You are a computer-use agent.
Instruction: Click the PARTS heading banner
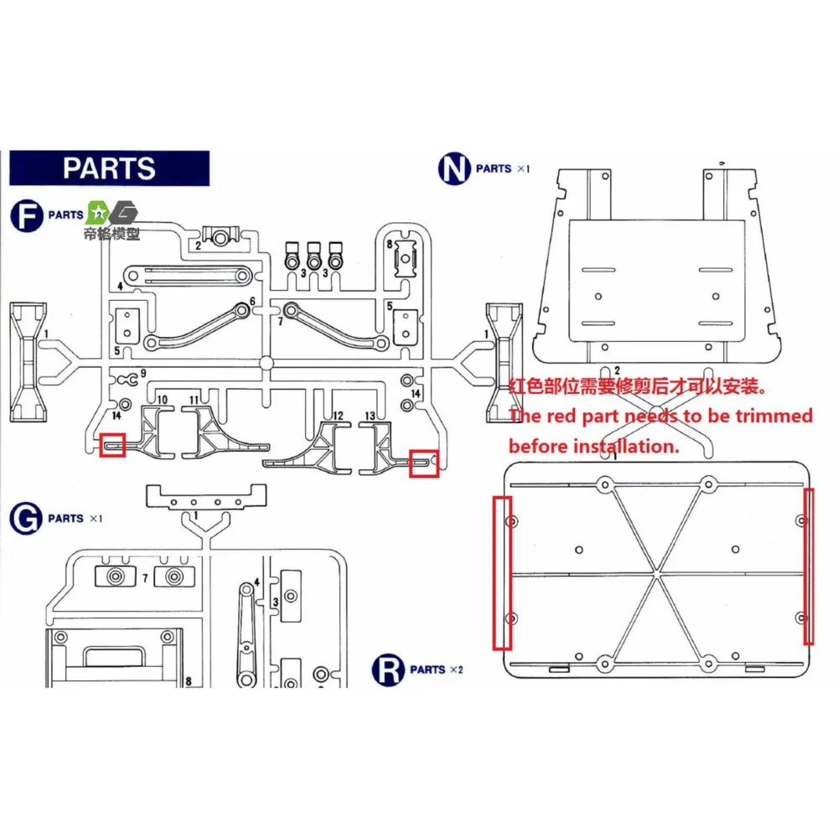pos(109,168)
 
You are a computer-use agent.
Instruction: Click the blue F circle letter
pos(27,215)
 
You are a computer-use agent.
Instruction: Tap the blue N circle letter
pos(453,168)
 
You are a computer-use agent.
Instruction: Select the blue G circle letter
pos(27,519)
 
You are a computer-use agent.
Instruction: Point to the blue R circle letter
pos(388,670)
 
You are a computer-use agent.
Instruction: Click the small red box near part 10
pos(113,445)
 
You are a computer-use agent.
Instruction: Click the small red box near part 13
pos(424,463)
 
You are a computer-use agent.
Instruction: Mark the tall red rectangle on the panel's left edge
pos(502,572)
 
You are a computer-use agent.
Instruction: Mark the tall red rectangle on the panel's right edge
pos(809,566)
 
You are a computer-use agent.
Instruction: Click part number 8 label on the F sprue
pos(390,243)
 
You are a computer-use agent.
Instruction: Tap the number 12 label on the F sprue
pos(338,415)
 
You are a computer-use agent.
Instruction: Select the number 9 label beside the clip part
pos(143,373)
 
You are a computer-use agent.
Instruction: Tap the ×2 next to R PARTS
pos(457,670)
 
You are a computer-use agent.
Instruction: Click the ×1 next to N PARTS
pos(523,168)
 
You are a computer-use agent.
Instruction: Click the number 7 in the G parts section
pos(145,578)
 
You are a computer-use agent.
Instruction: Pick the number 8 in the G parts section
pos(189,681)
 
